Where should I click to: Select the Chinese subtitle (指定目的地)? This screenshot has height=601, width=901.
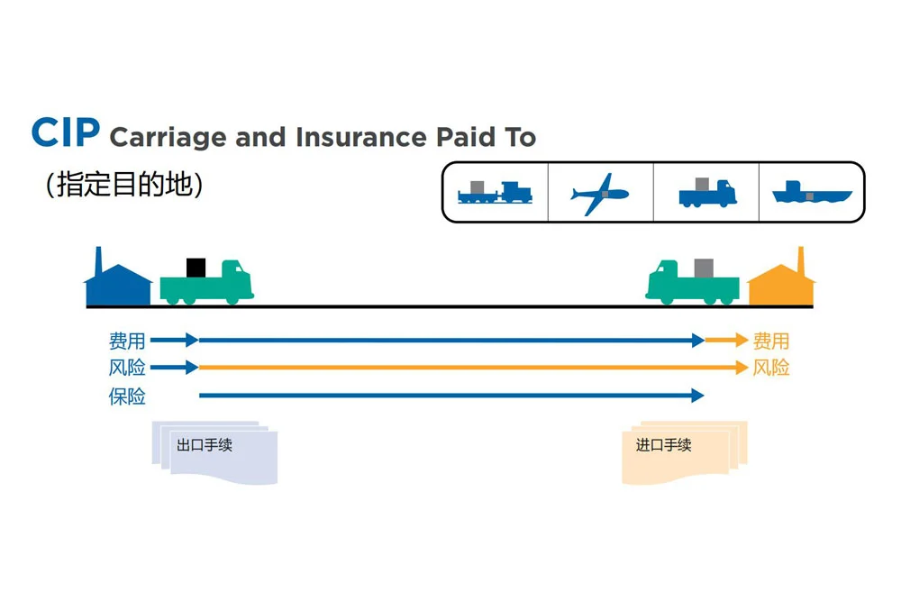click(123, 184)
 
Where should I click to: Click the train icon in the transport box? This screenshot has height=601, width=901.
click(495, 192)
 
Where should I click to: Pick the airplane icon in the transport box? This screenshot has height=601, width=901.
click(600, 193)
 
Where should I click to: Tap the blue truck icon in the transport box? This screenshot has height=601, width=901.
click(707, 192)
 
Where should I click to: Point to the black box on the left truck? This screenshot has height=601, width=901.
click(196, 268)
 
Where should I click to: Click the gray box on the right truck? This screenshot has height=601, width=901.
click(705, 268)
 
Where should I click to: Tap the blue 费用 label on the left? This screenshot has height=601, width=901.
click(127, 341)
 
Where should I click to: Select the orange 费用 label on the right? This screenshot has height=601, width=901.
click(771, 341)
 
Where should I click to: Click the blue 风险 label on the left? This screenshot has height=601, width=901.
click(127, 368)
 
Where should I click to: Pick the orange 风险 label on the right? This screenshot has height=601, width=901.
click(771, 368)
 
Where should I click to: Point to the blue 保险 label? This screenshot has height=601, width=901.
click(127, 396)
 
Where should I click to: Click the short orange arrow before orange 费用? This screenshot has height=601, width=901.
click(726, 341)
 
